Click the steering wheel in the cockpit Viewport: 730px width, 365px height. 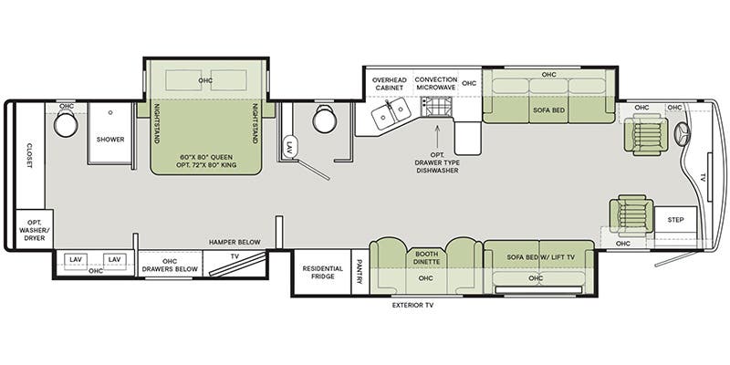coord(683,134)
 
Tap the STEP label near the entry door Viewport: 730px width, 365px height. coord(675,220)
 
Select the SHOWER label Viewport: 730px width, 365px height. coord(110,140)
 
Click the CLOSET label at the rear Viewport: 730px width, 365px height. coord(29,155)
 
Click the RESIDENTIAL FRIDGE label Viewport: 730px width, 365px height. coord(323,272)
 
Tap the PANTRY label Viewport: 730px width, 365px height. coord(360,272)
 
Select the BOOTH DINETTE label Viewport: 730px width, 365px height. coord(425,258)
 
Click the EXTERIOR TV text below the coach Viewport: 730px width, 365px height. coord(413,306)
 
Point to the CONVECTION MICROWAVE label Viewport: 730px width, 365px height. coord(436,83)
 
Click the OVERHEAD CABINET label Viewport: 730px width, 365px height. coord(390,83)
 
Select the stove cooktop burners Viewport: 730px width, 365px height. coord(436,107)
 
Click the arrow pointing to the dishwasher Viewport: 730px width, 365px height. coord(437,134)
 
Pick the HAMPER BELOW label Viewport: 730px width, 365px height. coord(235,242)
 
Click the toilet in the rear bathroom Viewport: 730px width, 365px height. coord(66,123)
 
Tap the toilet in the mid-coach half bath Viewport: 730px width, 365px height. coord(325,119)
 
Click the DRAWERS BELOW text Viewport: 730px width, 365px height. coord(170,269)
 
